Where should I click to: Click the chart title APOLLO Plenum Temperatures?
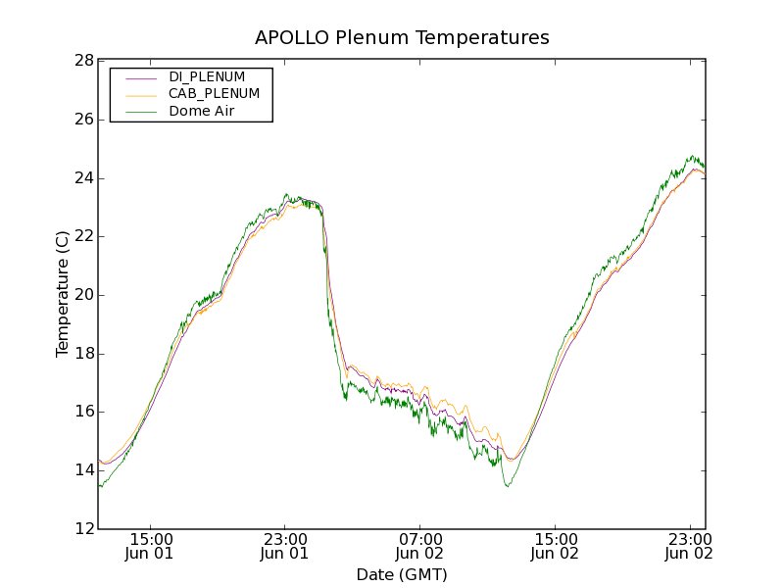[402, 38]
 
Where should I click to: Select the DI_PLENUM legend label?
[207, 76]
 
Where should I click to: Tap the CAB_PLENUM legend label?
[214, 94]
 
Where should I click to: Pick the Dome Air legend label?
[201, 112]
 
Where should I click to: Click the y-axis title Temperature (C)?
[63, 294]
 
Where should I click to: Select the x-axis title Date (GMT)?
[402, 574]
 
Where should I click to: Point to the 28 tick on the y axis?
[83, 61]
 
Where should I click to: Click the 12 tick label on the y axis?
[83, 529]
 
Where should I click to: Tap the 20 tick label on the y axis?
[83, 295]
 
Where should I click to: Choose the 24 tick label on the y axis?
[83, 178]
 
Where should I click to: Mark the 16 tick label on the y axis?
[83, 412]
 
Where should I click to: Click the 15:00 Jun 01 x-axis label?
[151, 546]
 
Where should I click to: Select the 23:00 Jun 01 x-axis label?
[285, 546]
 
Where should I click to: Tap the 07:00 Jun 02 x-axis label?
[420, 546]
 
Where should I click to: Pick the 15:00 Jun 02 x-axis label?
[555, 546]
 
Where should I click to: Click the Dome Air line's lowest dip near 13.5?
[507, 486]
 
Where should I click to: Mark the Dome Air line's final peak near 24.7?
[692, 156]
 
